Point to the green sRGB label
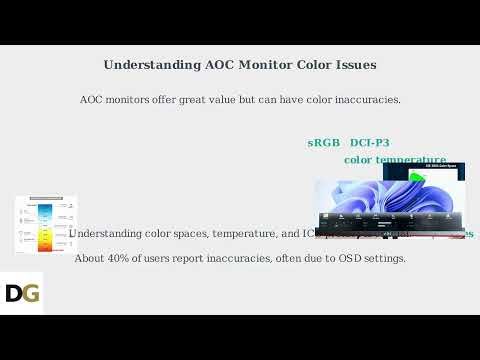pyautogui.click(x=323, y=143)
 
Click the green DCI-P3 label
pyautogui.click(x=370, y=143)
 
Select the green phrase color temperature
pyautogui.click(x=395, y=160)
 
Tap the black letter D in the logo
pyautogui.click(x=14, y=293)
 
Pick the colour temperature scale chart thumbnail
pyautogui.click(x=46, y=224)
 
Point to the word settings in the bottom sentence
pyautogui.click(x=379, y=258)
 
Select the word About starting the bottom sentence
pyautogui.click(x=90, y=258)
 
